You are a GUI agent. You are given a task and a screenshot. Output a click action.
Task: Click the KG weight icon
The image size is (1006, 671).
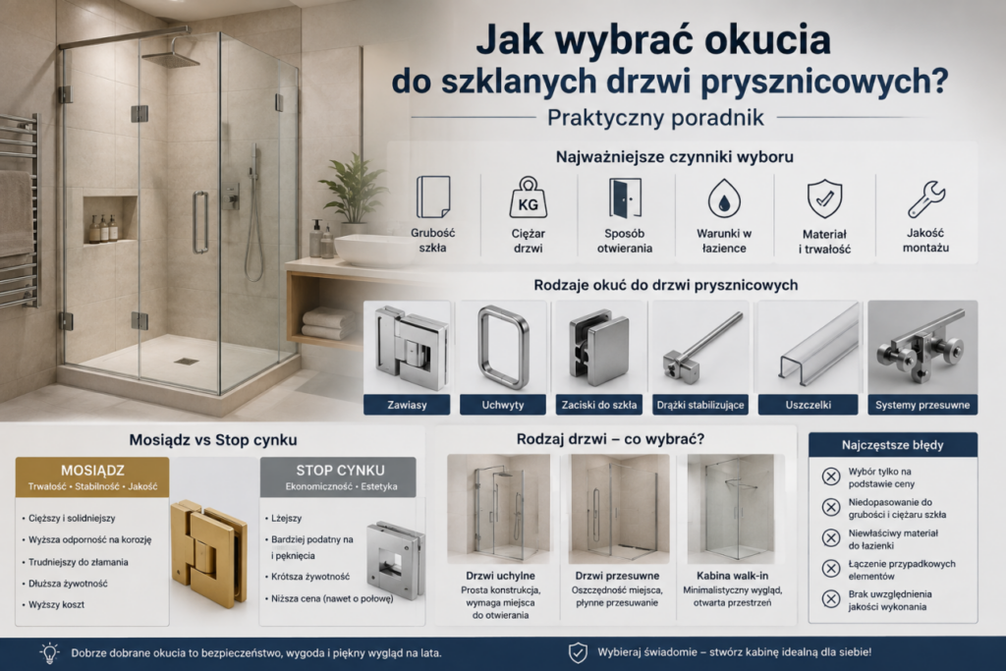point(528,198)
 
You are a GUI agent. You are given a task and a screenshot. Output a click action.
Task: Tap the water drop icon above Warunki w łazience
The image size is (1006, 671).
point(724,198)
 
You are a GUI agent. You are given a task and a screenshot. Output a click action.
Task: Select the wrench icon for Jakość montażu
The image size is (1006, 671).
point(926,198)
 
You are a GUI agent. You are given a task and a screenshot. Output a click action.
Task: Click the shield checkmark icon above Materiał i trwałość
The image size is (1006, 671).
point(824,199)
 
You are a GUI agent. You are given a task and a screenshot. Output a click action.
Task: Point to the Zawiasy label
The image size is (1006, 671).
point(407,405)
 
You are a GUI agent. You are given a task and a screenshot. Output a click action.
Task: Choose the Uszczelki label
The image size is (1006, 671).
point(808,405)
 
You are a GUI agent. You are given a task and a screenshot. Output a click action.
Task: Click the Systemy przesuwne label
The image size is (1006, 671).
point(922,405)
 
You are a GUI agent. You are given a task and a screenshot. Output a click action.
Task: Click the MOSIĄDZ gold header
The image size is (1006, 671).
point(92,476)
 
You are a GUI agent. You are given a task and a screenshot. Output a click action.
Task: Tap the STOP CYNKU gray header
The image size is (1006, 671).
point(338,476)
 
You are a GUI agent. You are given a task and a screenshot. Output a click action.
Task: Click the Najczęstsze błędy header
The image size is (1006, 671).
point(892,445)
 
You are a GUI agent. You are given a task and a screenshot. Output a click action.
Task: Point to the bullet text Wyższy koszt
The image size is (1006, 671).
point(56,604)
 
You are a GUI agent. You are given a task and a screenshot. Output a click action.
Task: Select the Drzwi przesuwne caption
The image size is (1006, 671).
point(617,576)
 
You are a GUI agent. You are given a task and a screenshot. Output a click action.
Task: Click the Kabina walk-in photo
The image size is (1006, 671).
point(731,509)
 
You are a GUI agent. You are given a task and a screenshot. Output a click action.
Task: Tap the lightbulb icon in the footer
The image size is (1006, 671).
point(49,652)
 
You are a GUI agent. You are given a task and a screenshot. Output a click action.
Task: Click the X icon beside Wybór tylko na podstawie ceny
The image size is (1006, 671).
point(831,476)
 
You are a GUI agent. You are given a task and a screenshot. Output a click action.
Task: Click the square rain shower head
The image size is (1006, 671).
point(171,59)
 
